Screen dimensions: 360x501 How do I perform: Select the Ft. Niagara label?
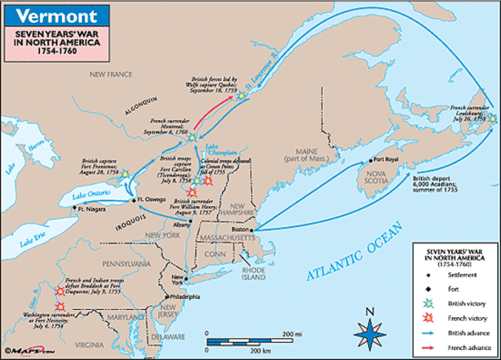[91, 210]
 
